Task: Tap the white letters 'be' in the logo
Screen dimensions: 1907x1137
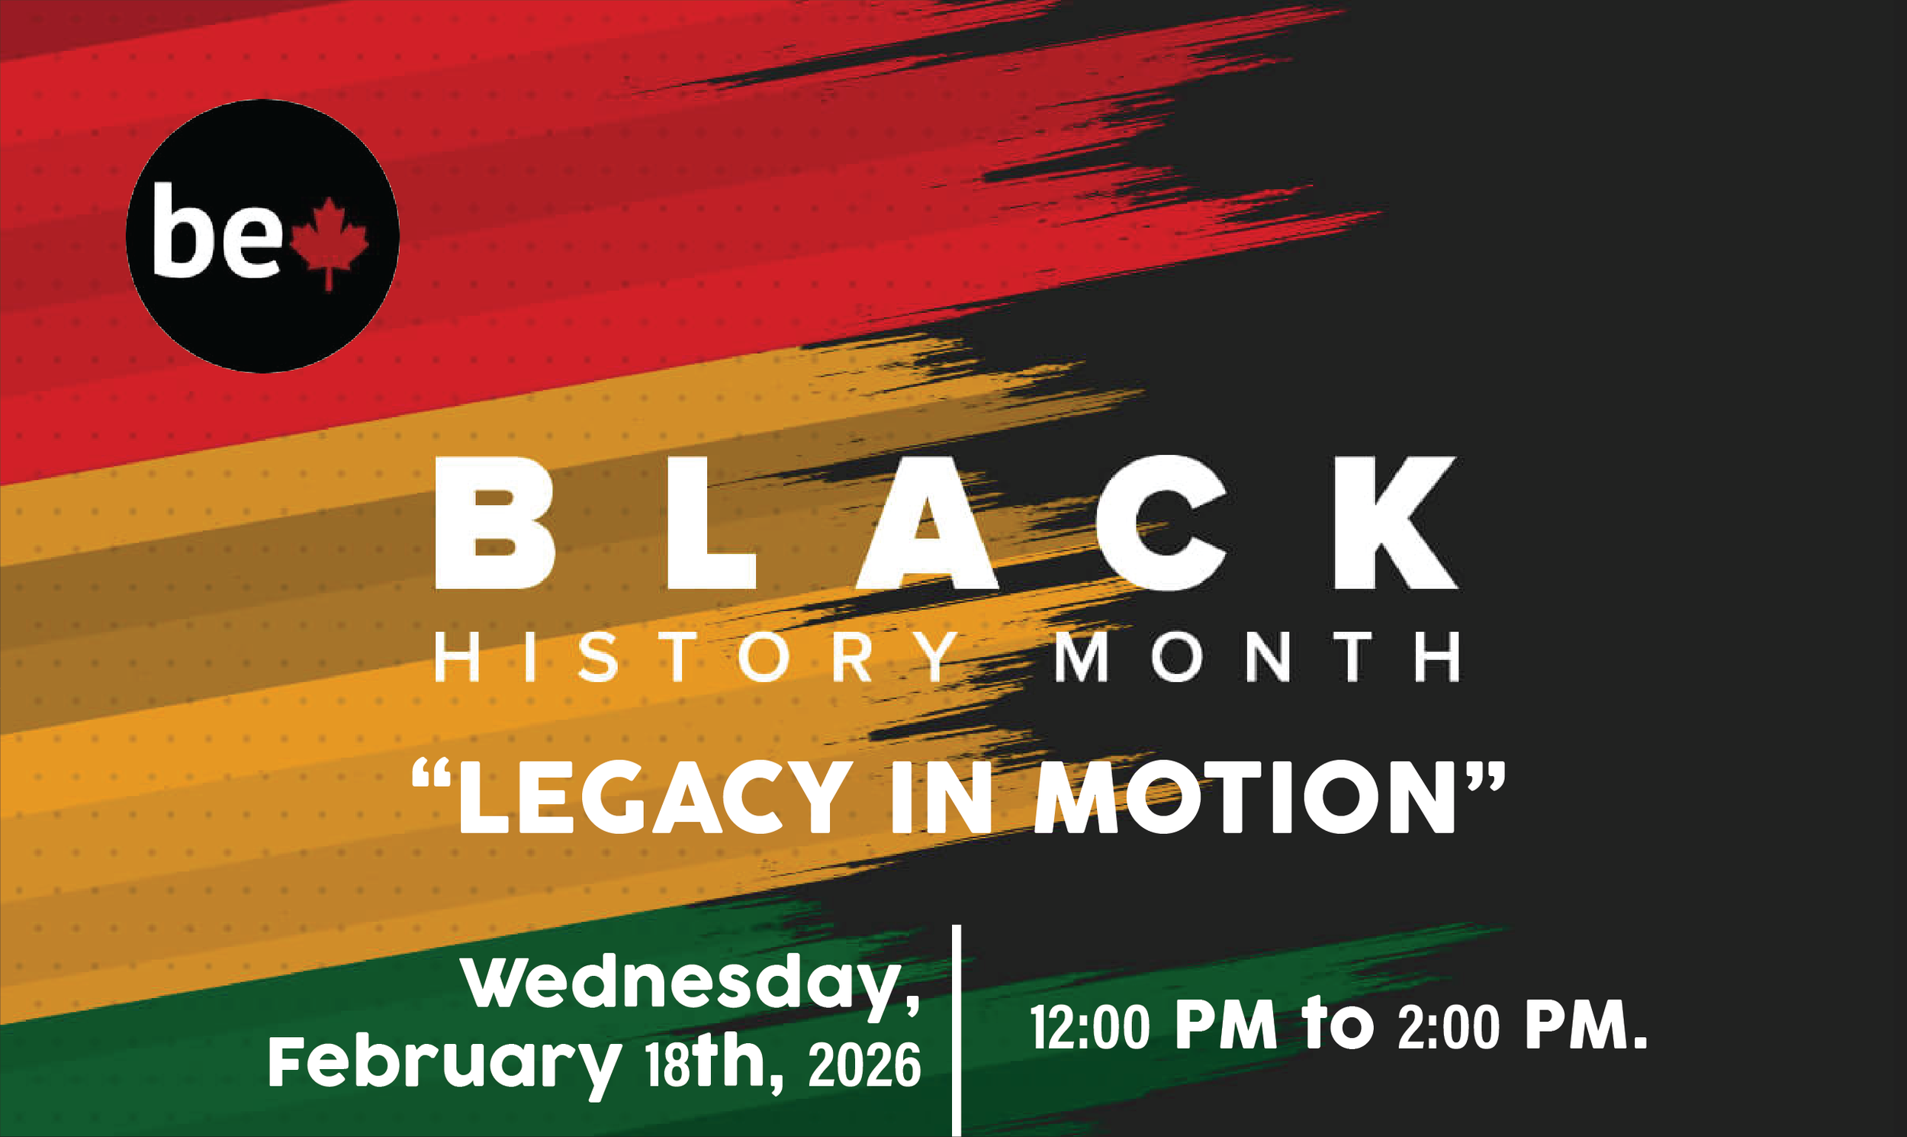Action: click(217, 230)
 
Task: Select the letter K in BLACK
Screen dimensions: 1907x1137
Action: click(1394, 523)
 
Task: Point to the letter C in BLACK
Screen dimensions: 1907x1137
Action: click(1162, 523)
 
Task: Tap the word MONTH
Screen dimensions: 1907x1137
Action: click(1257, 656)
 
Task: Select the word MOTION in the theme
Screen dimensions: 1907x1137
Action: click(1244, 797)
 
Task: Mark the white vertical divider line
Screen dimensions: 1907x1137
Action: click(957, 1030)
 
